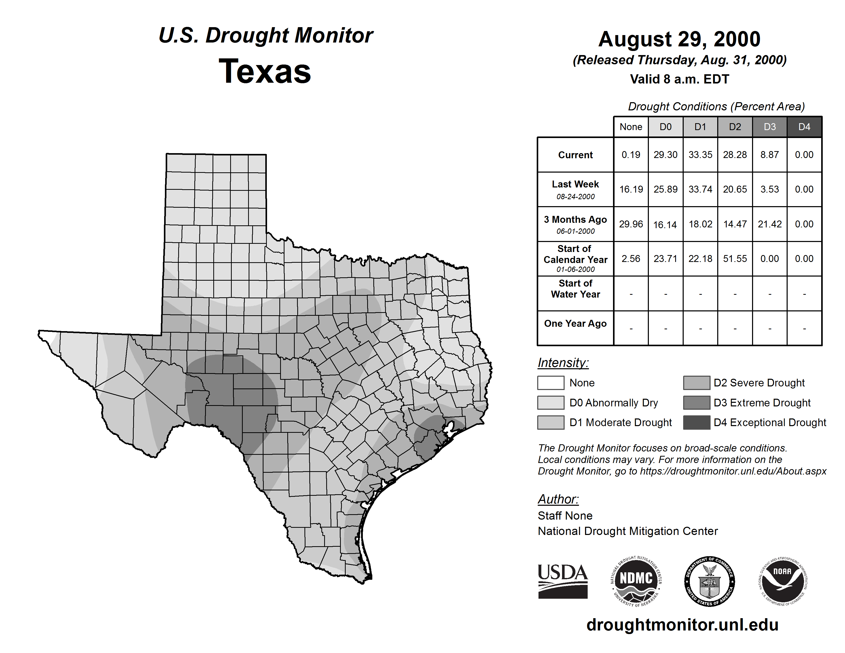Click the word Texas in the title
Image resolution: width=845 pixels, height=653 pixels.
coord(265,71)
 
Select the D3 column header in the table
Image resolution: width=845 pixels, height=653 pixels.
coord(769,127)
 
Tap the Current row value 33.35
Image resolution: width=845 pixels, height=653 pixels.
coord(700,155)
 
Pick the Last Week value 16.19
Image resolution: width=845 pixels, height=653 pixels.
coord(631,189)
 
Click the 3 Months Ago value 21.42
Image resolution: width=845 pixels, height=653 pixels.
coord(769,224)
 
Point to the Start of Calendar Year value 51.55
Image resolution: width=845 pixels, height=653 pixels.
coord(735,258)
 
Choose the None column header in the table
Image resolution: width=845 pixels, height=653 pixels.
coord(631,127)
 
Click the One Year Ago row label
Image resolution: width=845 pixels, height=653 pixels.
coord(575,323)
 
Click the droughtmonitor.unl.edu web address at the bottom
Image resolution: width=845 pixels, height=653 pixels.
coord(682,625)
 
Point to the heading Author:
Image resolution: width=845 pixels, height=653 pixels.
coord(558,499)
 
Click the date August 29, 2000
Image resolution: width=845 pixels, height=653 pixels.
coord(679,39)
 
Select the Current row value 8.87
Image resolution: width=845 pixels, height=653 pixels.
coord(769,155)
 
